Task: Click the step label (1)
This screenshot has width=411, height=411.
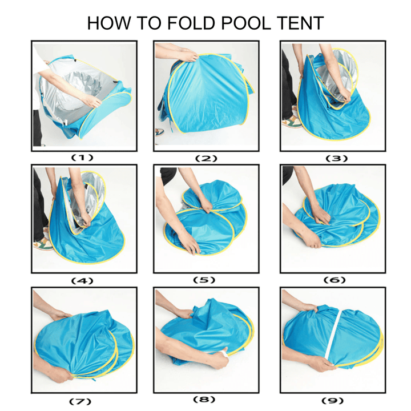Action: (83, 157)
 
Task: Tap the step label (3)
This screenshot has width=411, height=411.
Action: (333, 157)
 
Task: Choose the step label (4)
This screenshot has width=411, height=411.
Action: (83, 280)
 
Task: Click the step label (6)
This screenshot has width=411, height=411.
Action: (333, 280)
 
